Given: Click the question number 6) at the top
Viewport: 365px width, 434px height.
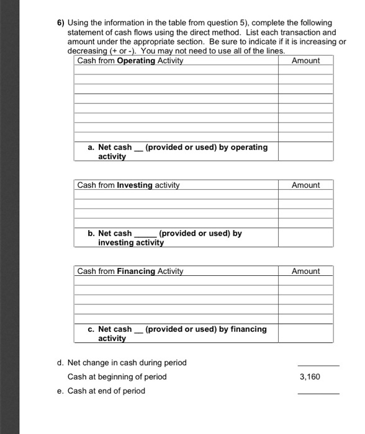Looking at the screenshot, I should [55, 22].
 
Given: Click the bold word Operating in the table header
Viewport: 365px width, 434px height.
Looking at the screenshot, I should [135, 61].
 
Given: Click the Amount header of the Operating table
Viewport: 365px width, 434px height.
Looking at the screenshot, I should [305, 61].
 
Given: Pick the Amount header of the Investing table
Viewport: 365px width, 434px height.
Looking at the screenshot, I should [305, 185].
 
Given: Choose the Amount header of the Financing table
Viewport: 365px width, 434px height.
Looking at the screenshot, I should [305, 272].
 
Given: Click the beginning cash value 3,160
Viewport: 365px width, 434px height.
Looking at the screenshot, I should [310, 377].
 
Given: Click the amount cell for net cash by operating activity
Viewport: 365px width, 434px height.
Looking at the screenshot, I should [305, 151].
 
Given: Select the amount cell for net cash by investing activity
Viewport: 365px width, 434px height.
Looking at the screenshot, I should [305, 237].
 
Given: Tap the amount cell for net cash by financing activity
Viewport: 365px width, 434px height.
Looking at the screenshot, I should [305, 334].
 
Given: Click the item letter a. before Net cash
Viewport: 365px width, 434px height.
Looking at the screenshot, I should [91, 148].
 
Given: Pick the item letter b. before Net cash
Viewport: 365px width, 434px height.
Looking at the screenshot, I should [91, 234].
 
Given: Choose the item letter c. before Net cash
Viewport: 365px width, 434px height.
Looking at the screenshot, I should [91, 329].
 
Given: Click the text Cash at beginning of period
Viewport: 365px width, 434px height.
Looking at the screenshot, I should [117, 377].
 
